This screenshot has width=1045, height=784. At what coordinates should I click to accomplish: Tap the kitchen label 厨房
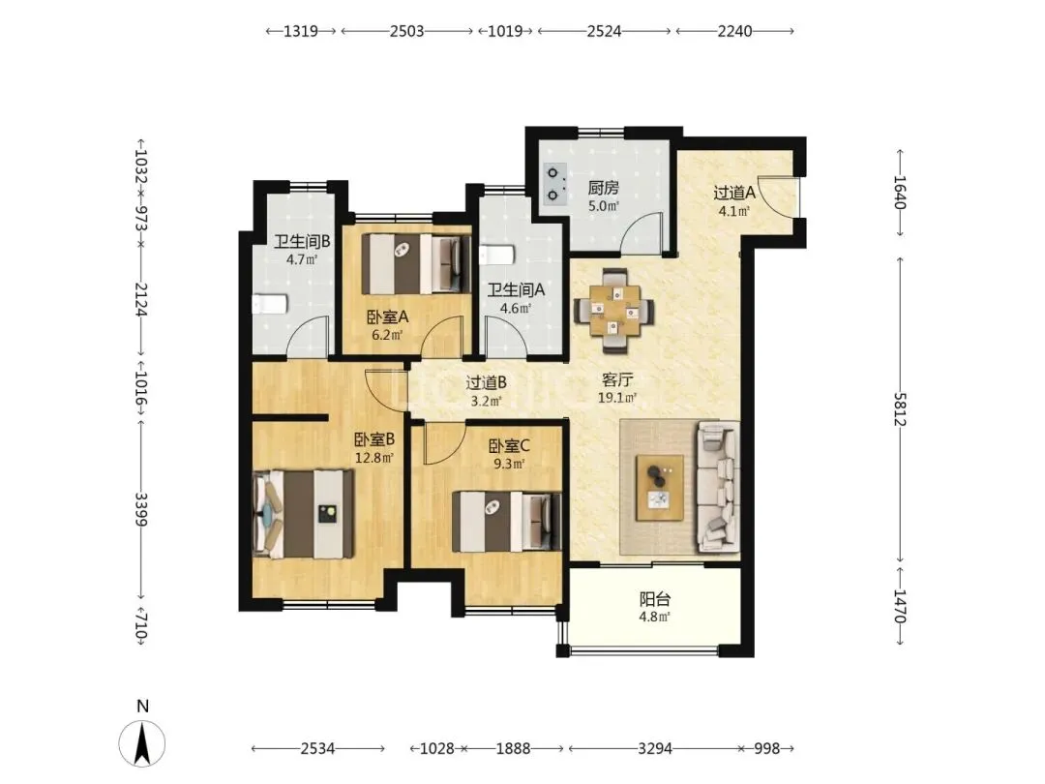(603, 188)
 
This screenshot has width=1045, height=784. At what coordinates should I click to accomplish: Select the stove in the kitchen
(554, 183)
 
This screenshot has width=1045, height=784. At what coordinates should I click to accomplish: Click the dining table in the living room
(614, 310)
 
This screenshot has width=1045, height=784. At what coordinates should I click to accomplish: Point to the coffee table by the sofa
(660, 487)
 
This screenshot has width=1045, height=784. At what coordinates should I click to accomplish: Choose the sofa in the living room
(718, 488)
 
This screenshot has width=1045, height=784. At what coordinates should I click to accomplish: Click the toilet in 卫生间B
(270, 304)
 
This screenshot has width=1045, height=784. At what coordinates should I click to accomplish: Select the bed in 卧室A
(412, 264)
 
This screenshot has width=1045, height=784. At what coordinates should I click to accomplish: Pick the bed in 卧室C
(506, 522)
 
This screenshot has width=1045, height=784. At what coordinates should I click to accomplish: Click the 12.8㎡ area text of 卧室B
(373, 458)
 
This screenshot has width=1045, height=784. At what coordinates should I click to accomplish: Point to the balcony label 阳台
(654, 599)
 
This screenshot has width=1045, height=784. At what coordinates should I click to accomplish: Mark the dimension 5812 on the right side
(900, 409)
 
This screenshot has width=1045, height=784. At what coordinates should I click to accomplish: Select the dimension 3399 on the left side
(140, 509)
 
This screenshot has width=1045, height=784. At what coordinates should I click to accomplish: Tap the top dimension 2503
(406, 31)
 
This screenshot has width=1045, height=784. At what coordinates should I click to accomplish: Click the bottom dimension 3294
(654, 748)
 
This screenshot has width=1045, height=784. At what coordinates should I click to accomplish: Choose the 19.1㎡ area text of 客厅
(617, 398)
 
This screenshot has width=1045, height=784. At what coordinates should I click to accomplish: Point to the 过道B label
(486, 382)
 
